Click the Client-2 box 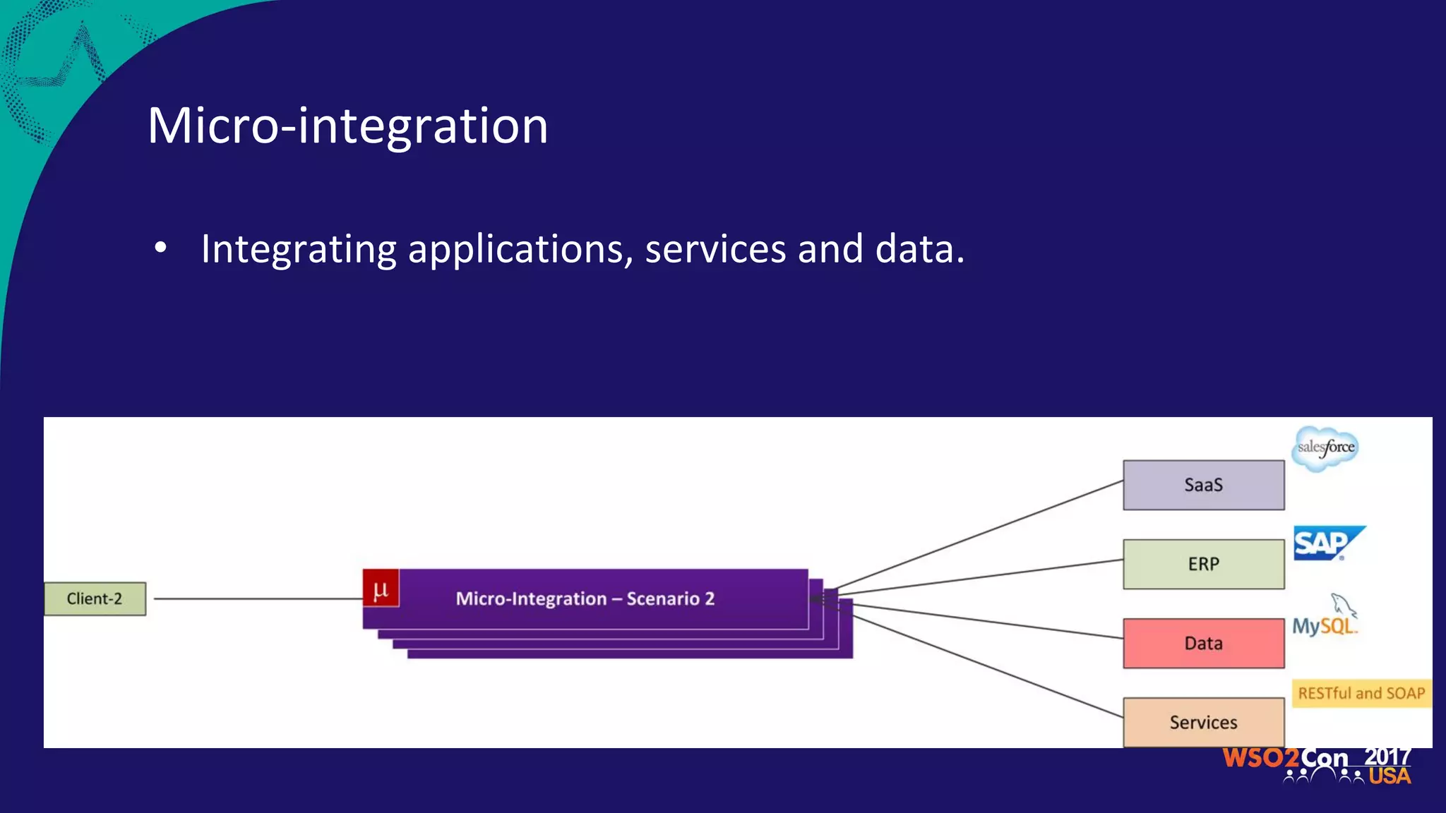(95, 598)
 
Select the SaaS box (1203, 485)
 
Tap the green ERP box (1203, 564)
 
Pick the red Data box (1203, 643)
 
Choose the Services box (1203, 722)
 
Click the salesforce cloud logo (1325, 448)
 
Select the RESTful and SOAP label (1361, 693)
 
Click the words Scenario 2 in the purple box (670, 598)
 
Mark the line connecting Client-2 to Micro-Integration (258, 598)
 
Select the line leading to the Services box (988, 667)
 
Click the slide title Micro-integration (347, 126)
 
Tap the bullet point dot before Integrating (161, 248)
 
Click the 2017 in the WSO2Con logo (1387, 757)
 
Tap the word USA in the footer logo (1389, 776)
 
